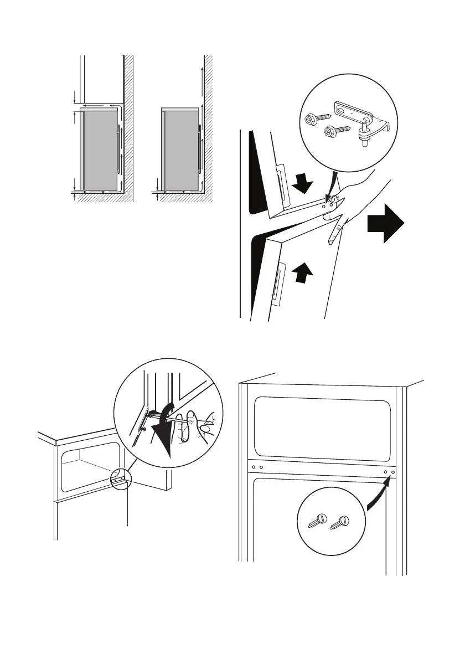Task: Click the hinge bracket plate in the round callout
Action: pos(355,112)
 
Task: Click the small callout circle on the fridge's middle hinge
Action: pos(121,479)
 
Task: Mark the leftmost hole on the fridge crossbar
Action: pos(253,467)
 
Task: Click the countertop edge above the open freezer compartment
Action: pos(83,439)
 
